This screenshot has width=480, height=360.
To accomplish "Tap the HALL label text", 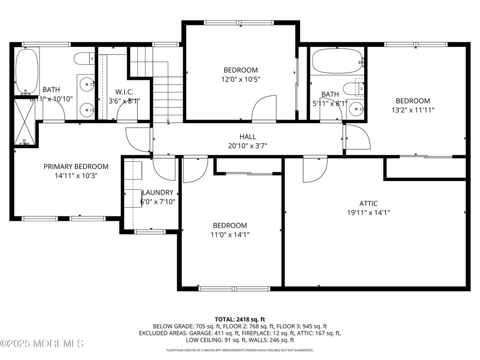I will coord(248,137).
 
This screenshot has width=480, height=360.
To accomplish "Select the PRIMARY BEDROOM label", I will coord(76,167).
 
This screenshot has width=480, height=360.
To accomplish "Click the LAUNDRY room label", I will coord(157,193).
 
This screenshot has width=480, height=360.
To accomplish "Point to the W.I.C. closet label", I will coord(121,92).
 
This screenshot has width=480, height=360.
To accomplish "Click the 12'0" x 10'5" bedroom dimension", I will coord(241,79).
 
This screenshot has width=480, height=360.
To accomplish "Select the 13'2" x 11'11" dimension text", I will coord(412,110).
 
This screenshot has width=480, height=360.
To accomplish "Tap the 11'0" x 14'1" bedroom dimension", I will coord(230,234).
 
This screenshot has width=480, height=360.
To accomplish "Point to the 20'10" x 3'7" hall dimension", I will coord(248,146).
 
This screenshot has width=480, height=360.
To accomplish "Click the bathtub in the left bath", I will coord(26,71).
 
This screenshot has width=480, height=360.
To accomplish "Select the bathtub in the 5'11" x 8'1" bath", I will coord(337,61).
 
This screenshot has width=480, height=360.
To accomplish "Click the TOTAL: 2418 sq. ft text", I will coord(240,319).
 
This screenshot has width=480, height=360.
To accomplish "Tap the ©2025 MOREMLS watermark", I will coord(42,344).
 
